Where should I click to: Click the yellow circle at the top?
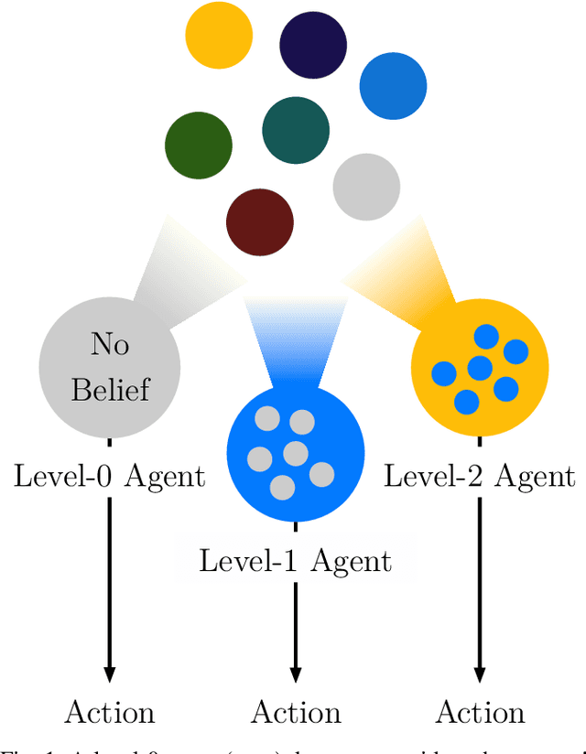coord(219,35)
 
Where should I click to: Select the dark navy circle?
coord(313,44)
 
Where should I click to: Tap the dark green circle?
coord(199,145)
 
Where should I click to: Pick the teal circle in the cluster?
coord(296,130)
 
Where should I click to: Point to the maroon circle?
coord(260,221)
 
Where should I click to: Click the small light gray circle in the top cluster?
coord(366,187)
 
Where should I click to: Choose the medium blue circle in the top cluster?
coord(393,86)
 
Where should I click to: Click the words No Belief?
coord(109,367)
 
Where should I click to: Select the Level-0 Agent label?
coord(109,476)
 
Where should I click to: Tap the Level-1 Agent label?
coord(295,560)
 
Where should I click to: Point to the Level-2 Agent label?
coord(479,476)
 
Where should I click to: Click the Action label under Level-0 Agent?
coord(109,712)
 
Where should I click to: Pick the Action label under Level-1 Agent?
coord(295,712)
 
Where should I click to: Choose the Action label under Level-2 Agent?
coord(479,712)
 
